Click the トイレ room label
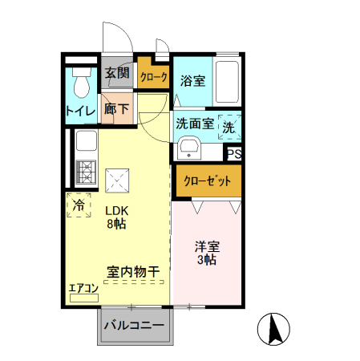(x=80, y=111)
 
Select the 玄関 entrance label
(x=117, y=74)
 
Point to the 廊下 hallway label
(x=117, y=109)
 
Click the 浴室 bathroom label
(x=192, y=80)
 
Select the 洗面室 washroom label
(x=194, y=124)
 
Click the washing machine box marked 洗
(x=229, y=126)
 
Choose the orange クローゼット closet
(x=207, y=181)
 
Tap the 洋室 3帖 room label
(x=207, y=253)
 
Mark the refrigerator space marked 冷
(x=79, y=205)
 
